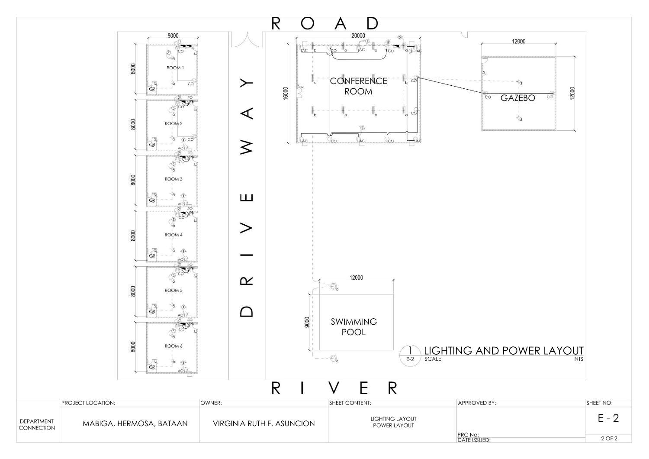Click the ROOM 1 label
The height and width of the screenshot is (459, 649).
pos(175,68)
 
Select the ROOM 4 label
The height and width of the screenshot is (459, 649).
pos(173,235)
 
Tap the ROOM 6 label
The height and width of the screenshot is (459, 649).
pos(173,346)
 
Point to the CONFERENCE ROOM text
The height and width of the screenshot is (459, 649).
pos(359,86)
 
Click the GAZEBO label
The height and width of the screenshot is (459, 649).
pos(517,98)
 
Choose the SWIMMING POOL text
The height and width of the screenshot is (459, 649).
pos(353,327)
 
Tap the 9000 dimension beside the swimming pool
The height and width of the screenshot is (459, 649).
pos(307,322)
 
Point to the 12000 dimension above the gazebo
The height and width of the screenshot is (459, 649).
pos(518,42)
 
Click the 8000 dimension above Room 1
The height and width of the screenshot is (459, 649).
pos(173,36)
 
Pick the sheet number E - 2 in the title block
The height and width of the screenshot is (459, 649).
pos(608,418)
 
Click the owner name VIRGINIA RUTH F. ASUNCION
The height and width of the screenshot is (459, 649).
pos(263,423)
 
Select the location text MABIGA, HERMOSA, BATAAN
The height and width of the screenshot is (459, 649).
pos(135,423)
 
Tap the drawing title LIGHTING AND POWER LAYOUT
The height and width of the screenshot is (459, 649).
pos(503,350)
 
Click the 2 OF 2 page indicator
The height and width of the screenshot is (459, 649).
pos(609,438)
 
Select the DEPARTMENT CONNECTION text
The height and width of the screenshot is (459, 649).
pos(37,424)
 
